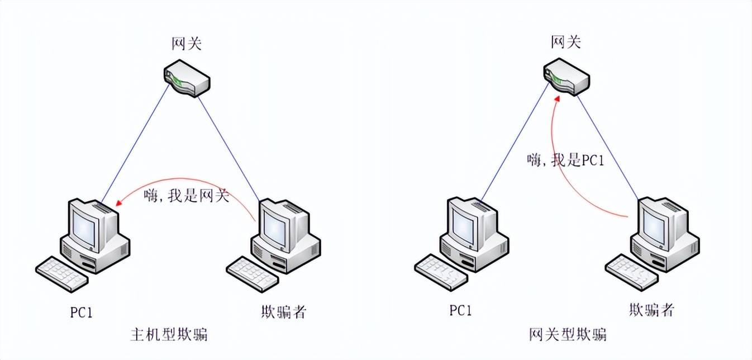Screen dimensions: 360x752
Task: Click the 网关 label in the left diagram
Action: (x=186, y=44)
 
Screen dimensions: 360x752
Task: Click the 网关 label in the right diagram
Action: (x=565, y=42)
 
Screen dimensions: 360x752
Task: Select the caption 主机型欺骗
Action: (x=169, y=335)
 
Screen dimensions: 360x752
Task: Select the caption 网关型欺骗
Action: (x=568, y=335)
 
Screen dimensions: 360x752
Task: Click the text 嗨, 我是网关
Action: (x=186, y=196)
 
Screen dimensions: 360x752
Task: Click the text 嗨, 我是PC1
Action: (x=565, y=160)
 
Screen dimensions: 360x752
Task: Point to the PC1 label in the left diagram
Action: (x=81, y=312)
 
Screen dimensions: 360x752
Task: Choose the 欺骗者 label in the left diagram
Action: (x=284, y=312)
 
